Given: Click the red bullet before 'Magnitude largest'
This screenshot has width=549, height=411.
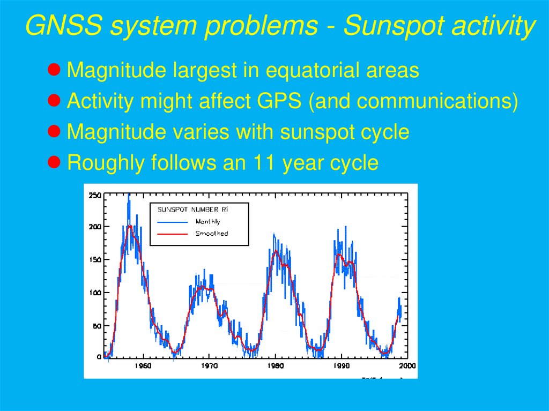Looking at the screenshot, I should point(54,69).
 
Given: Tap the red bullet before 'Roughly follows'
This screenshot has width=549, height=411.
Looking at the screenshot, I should point(54,161).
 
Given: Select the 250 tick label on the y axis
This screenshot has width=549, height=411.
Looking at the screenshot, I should point(94,195).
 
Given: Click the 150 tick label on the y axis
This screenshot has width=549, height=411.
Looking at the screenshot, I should point(94,260).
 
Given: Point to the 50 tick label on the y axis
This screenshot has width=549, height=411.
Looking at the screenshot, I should point(97,325).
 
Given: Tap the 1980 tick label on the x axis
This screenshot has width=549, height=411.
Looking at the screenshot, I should point(275,366).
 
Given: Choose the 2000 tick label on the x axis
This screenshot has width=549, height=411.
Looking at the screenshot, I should point(407,366).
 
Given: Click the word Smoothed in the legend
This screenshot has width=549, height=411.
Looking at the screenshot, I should point(211,234).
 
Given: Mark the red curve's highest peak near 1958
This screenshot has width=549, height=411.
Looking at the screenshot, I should point(129,226).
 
